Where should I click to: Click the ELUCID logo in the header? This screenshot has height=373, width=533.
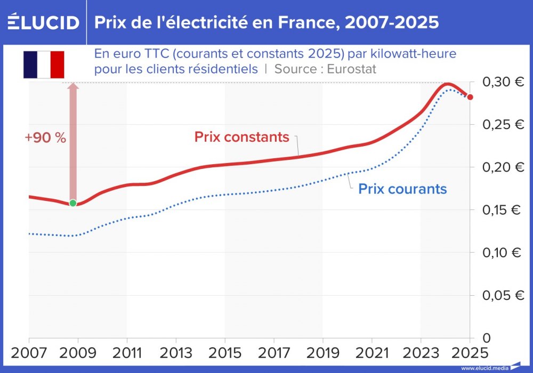44,22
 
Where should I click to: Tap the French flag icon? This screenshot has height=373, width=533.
44,64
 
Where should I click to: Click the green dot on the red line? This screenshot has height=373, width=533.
73,203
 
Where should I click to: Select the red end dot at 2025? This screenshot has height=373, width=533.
470,97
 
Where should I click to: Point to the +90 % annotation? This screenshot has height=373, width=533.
45,137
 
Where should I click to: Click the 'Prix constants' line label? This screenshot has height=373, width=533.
241,137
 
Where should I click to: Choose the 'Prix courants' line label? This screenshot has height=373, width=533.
402,189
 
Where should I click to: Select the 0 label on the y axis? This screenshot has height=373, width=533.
486,338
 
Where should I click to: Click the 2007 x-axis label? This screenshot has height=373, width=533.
29,354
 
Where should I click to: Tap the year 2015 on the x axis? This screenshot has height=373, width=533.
224,354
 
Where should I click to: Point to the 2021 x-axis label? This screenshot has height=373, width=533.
372,354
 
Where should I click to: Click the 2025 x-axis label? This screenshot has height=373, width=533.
469,354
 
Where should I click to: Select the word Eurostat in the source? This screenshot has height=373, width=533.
352,69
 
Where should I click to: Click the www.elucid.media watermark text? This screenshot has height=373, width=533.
484,368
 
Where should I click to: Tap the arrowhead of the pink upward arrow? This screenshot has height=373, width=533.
73,87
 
